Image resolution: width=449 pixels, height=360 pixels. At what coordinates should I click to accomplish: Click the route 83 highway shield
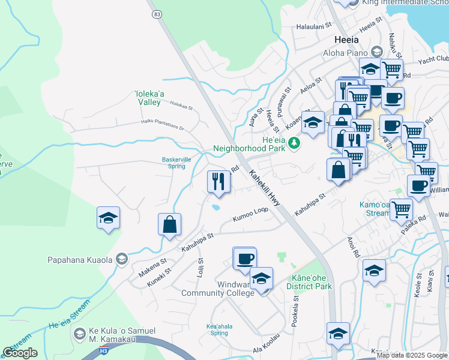[157, 14]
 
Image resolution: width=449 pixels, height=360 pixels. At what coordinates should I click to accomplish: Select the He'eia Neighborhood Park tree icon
[294, 143]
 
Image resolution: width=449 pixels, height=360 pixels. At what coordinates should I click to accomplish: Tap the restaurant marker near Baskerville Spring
[218, 181]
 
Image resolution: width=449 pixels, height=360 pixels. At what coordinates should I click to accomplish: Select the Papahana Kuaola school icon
[122, 259]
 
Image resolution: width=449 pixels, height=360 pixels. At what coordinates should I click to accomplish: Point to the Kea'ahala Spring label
[217, 329]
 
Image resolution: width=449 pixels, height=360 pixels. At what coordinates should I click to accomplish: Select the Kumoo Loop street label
[250, 214]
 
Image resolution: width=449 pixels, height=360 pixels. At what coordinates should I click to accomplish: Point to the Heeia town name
[346, 40]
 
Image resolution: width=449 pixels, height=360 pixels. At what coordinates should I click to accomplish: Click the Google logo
[20, 353]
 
